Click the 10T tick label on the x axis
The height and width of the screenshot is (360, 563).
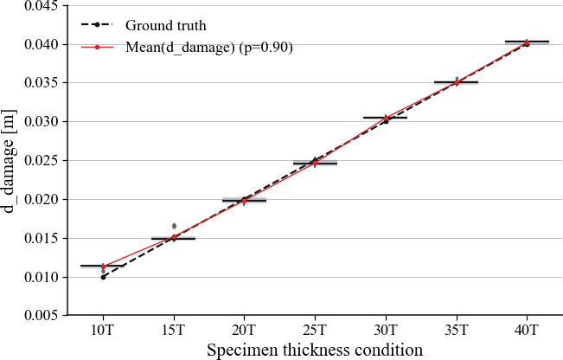point(103,331)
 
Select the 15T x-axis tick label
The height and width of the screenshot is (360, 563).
point(174,331)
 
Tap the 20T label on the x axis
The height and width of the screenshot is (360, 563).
point(244,331)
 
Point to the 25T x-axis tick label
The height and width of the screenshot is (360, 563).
point(315,331)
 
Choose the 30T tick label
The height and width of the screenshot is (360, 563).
point(386,331)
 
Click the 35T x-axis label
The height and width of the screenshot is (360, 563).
point(456,331)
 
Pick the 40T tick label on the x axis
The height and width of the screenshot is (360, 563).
point(527,331)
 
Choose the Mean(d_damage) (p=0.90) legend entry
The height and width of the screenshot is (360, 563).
point(208,48)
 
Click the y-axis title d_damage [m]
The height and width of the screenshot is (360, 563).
point(11,161)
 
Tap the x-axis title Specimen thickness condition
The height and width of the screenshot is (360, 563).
point(315,350)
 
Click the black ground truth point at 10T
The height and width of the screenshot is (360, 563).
point(103,277)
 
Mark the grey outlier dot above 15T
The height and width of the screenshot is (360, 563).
point(174,226)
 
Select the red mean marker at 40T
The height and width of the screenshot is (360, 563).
point(527,42)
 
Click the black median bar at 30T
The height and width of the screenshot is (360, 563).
point(386,117)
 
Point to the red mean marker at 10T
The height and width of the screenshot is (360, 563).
point(103,267)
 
